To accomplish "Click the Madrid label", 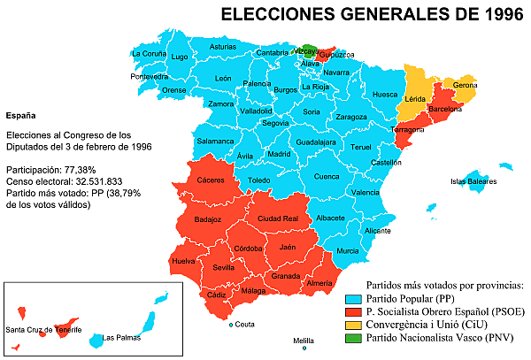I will coord(279,154).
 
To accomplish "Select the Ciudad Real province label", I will coord(277,218).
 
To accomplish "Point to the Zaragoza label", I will coord(351,117).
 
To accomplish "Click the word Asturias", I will coord(224,46).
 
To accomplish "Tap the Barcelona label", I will coord(445,109).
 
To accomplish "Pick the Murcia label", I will coord(348,251).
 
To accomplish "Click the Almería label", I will coord(319,282).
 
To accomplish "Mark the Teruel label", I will coord(361,147).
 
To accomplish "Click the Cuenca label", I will coord(327,176).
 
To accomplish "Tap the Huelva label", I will coord(183,261).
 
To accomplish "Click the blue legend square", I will coord(353,300).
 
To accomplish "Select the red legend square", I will coord(353,313).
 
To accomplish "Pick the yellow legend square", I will coord(353,326).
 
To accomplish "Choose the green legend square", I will coord(353,338).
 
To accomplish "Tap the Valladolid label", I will coord(256,111).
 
